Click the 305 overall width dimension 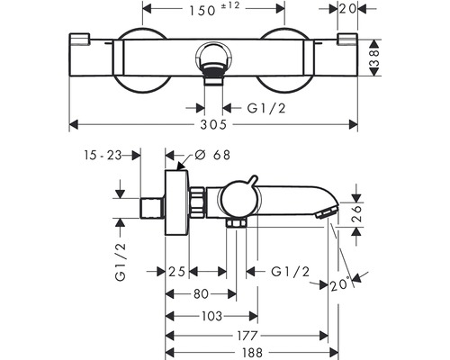pyautogui.click(x=213, y=124)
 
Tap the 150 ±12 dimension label pyautogui.click(x=214, y=9)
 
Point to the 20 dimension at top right pyautogui.click(x=348, y=9)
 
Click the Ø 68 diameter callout pyautogui.click(x=212, y=155)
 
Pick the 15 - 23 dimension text pyautogui.click(x=103, y=156)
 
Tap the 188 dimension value pyautogui.click(x=251, y=353)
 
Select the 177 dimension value pyautogui.click(x=247, y=336)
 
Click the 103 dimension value pyautogui.click(x=211, y=316)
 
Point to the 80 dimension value pyautogui.click(x=201, y=294)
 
